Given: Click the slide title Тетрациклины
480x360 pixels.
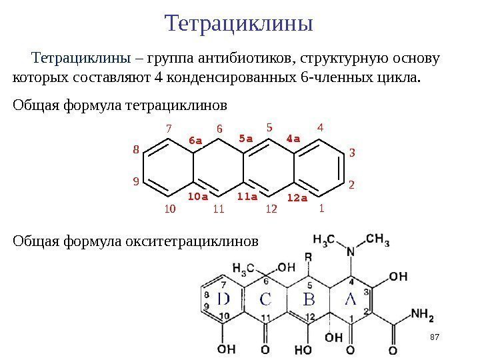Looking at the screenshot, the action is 239,24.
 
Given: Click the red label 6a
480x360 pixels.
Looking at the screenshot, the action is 195,141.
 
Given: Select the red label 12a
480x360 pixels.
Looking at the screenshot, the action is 297,198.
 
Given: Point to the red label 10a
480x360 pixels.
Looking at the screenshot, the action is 197,197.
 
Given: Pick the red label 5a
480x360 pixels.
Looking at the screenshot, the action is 246,139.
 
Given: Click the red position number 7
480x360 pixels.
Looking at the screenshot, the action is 169,127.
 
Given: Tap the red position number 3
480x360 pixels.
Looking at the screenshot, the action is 352,153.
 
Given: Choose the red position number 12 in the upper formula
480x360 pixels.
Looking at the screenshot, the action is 271,209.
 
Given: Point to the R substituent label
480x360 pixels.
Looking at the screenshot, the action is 309,256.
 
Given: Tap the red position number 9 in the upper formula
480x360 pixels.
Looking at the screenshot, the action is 136,180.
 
